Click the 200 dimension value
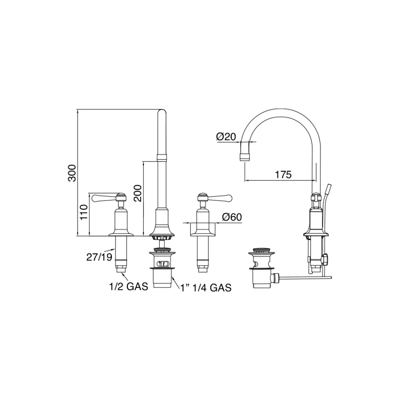tap(138, 193)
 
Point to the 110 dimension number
tap(84, 212)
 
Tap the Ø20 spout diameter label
tap(226, 137)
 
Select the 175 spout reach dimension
tap(283, 175)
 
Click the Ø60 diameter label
tap(232, 217)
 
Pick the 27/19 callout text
tap(99, 257)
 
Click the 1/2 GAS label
tap(128, 286)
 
